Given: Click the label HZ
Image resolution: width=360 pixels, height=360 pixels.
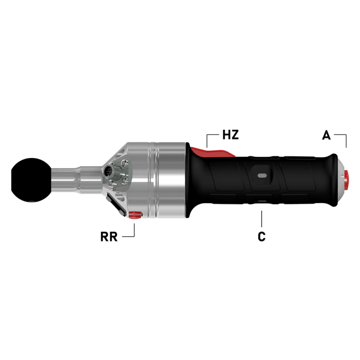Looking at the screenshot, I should click(230, 135).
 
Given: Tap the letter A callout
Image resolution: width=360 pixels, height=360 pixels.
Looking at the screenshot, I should click(327, 135).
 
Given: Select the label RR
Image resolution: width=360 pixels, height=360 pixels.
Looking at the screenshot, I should click(109, 237).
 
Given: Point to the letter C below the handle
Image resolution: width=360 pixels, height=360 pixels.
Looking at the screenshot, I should click(261, 237).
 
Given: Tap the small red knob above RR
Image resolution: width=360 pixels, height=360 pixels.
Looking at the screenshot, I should click(134, 215).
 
